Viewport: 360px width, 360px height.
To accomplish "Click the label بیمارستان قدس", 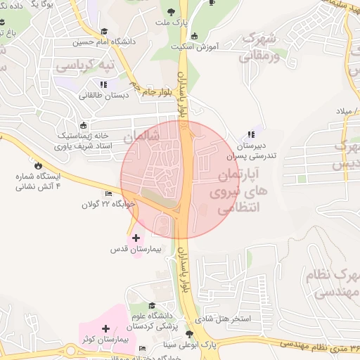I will tap(136, 249).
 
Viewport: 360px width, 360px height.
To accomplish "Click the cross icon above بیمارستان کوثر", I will tap(105, 328).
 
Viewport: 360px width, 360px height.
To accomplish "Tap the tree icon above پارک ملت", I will tap(172, 11).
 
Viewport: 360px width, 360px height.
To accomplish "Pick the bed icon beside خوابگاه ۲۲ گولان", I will tap(108, 194).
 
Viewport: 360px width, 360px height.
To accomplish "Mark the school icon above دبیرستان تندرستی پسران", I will tap(251, 135).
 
